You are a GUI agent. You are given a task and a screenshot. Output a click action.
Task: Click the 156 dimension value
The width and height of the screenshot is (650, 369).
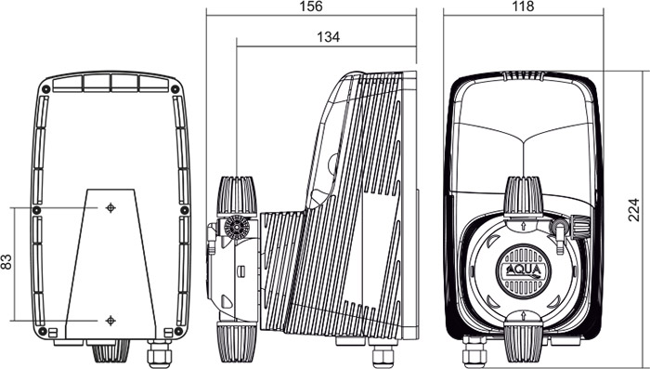310,7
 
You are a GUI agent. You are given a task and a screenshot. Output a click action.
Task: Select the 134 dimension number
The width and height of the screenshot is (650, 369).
329,37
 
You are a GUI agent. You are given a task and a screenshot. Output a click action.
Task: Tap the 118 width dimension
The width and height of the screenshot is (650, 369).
523,7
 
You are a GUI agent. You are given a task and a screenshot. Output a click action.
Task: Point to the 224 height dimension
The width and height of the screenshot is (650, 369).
633,210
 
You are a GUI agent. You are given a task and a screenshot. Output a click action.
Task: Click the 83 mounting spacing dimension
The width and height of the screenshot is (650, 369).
6,262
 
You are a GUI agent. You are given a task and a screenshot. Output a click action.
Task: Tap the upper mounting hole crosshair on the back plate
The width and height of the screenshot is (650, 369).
110,207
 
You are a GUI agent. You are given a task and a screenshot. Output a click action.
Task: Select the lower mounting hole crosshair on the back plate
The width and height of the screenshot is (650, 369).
110,321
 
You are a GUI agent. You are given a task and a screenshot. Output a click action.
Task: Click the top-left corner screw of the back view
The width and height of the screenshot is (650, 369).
46,89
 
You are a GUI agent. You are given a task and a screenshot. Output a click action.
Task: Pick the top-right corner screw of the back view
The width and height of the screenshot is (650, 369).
175,89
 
